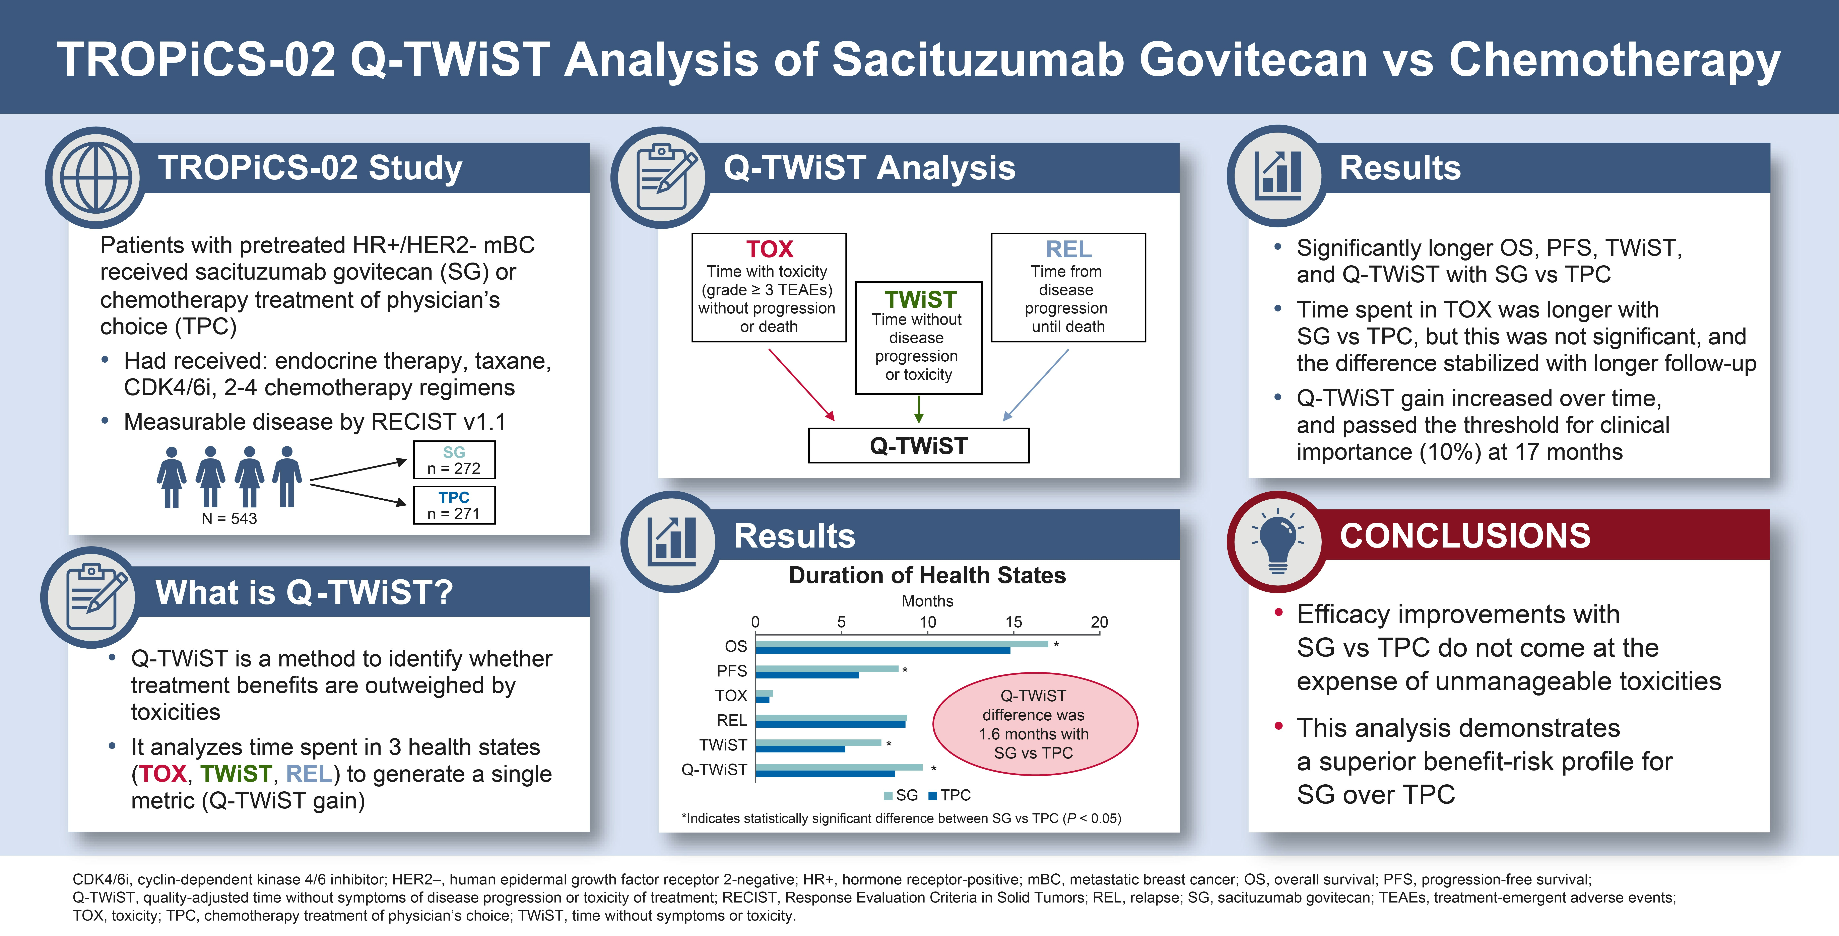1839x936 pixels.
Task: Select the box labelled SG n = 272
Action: tap(454, 460)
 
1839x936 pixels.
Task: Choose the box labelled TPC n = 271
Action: tap(454, 505)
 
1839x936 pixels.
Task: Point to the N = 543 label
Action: tap(229, 518)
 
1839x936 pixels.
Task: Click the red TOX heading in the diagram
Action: tap(770, 249)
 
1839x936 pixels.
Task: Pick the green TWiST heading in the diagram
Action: tap(920, 299)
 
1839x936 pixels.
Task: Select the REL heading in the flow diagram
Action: tap(1069, 249)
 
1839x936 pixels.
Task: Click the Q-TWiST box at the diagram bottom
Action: tap(919, 445)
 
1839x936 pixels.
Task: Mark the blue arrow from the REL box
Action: tap(1035, 385)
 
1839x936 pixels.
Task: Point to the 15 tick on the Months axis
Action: tap(1014, 622)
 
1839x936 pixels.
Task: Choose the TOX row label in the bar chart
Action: tap(731, 695)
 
